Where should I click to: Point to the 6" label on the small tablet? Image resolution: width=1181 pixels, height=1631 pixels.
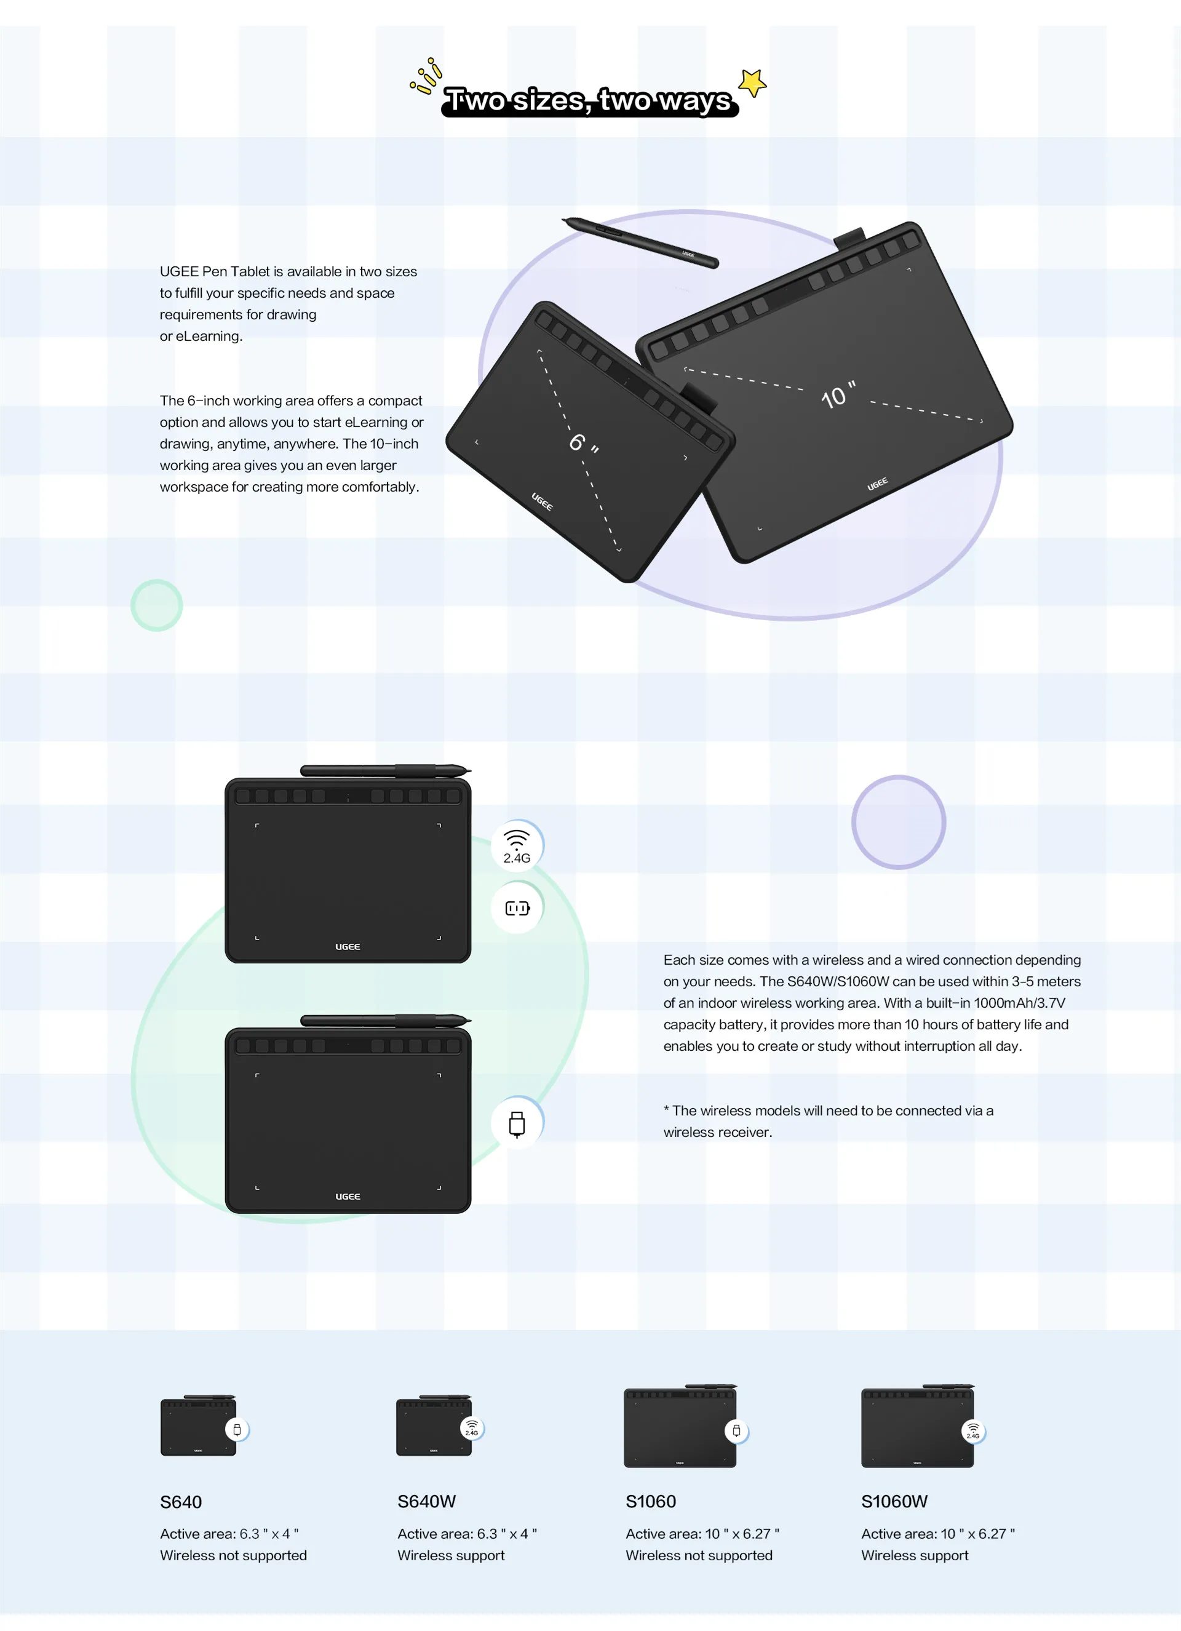tap(583, 442)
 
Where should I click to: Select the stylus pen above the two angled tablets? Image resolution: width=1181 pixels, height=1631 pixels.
tap(640, 242)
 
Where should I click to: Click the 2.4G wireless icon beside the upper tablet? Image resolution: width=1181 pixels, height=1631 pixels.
tap(517, 846)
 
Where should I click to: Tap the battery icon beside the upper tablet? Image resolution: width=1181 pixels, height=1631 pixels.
tap(517, 908)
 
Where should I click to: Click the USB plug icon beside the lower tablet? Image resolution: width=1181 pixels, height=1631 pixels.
tap(517, 1123)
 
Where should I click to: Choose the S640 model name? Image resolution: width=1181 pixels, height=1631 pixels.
tap(181, 1502)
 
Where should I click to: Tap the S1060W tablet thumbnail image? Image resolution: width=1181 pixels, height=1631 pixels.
tap(917, 1427)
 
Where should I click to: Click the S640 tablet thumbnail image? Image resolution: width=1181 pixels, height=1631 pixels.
tap(199, 1427)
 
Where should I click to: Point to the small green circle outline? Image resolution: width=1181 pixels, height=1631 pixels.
tap(157, 605)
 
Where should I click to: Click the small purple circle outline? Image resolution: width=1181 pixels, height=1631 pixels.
tap(899, 822)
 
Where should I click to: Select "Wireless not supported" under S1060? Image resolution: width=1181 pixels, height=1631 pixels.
tap(699, 1555)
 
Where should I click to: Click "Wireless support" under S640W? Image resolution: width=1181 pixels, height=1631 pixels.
tap(451, 1555)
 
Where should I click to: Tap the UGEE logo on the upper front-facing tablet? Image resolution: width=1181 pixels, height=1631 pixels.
tap(348, 946)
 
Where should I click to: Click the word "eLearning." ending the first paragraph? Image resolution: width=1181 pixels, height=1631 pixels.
tap(209, 336)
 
